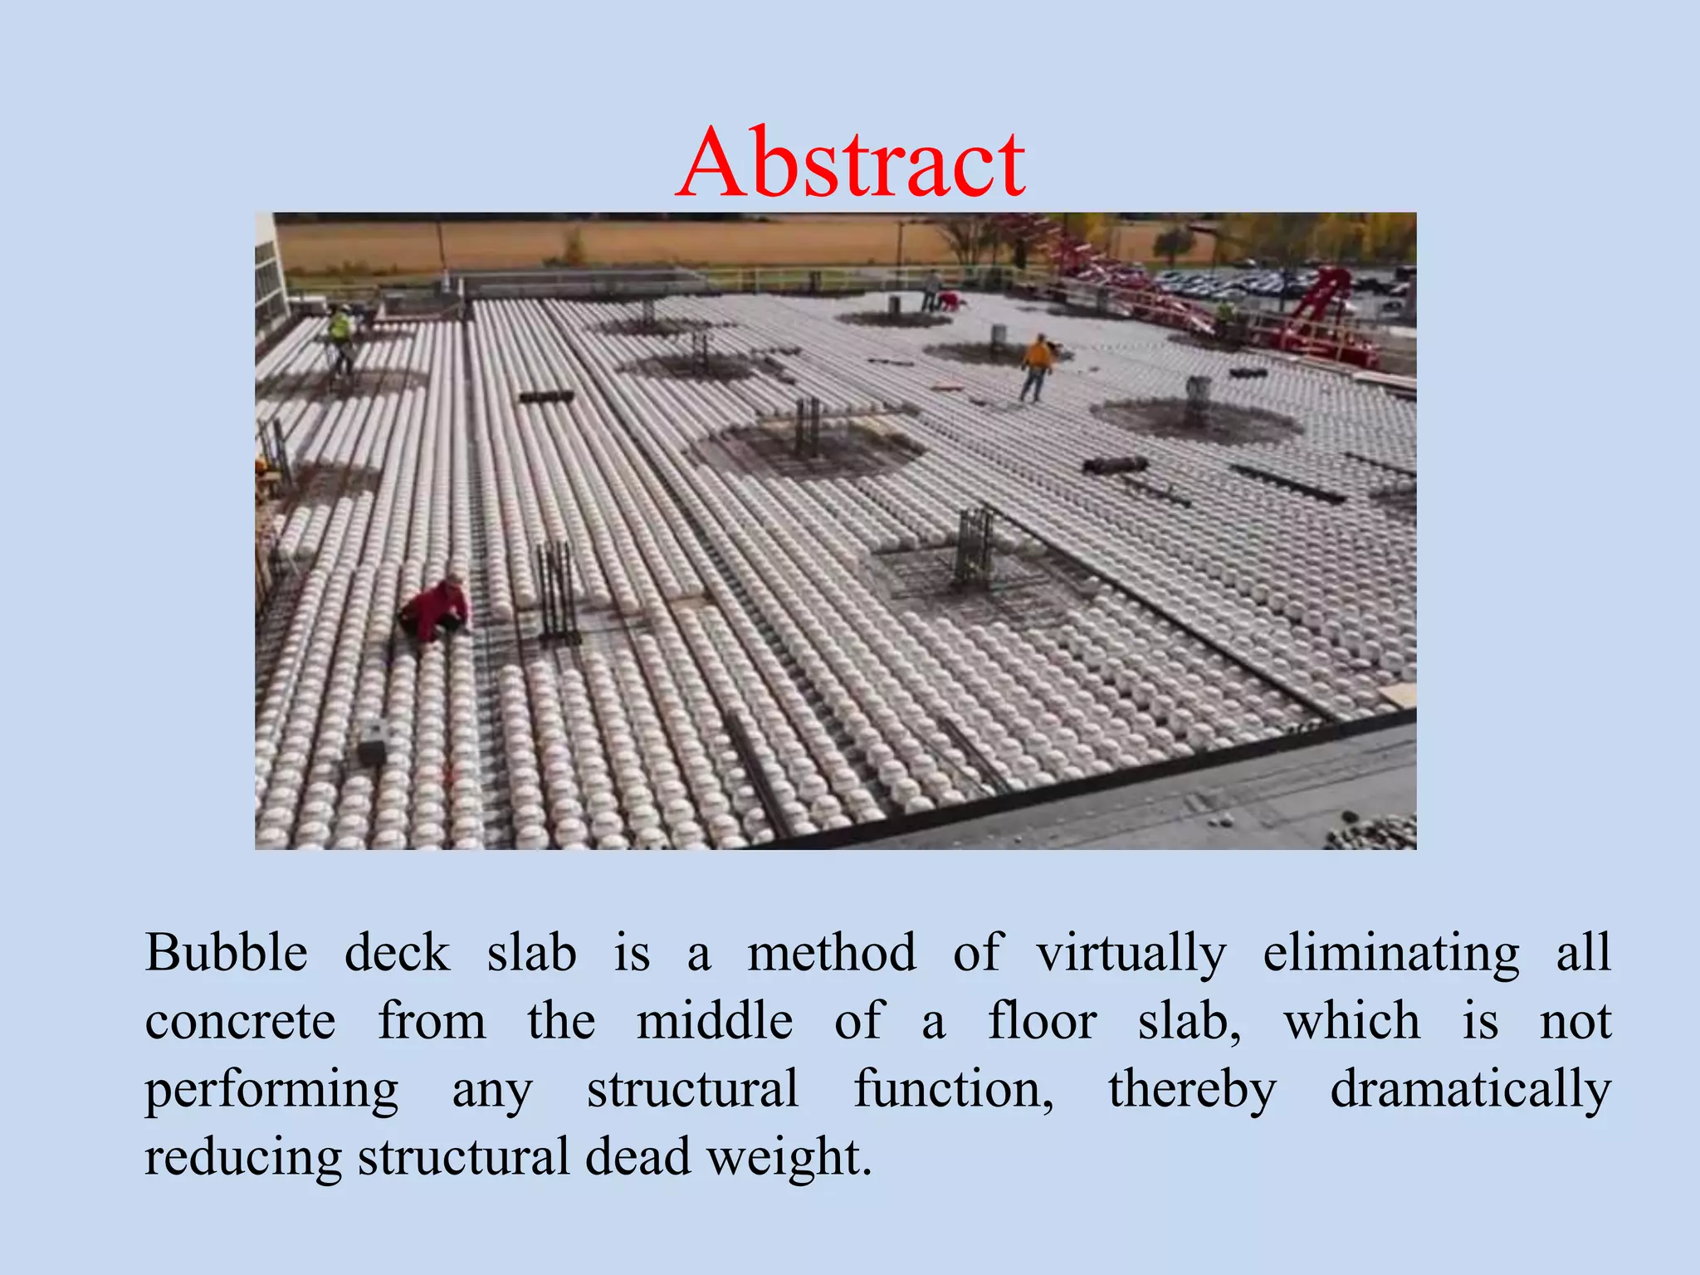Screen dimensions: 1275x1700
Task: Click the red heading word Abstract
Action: (x=851, y=163)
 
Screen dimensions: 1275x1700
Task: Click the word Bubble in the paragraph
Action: (x=227, y=952)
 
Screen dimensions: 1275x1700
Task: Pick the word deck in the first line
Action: (x=397, y=952)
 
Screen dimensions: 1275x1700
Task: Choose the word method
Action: (x=832, y=952)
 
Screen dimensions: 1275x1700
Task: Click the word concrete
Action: (x=241, y=1022)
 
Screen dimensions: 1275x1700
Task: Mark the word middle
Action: (x=715, y=1020)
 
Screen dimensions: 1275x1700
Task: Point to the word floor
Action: (x=1042, y=1020)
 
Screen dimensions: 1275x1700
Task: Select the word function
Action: (x=954, y=1088)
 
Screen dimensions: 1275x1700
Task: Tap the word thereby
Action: (x=1192, y=1090)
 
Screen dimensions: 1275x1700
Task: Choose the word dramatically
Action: (x=1470, y=1090)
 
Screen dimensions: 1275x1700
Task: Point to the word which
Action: (x=1352, y=1020)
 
